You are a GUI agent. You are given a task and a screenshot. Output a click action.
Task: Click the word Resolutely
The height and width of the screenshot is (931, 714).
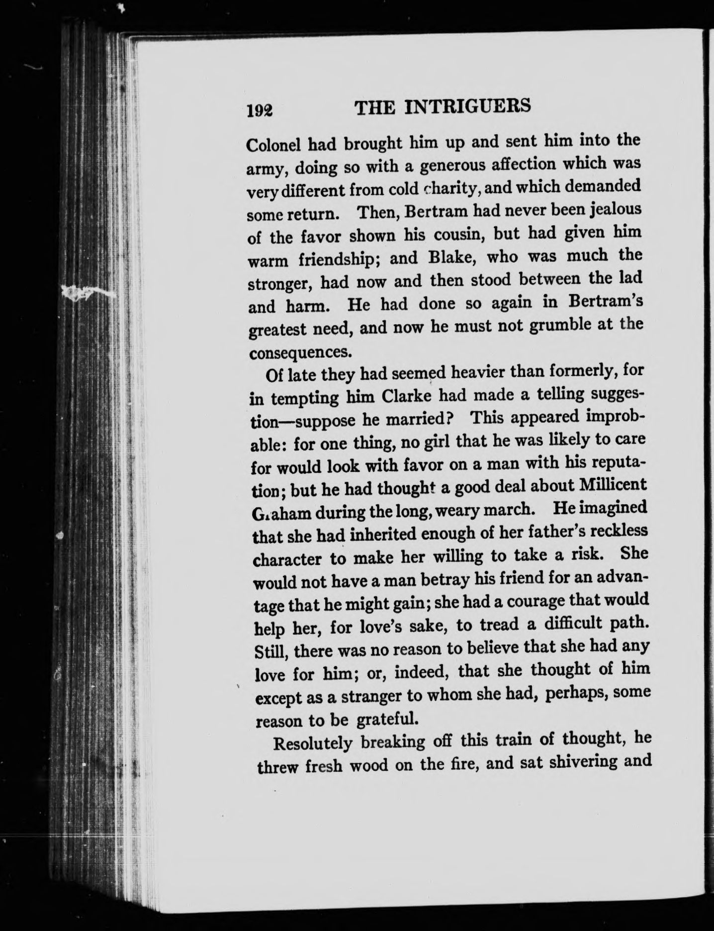[x=313, y=745]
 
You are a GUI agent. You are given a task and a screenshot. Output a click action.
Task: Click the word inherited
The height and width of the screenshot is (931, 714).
[x=378, y=535]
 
